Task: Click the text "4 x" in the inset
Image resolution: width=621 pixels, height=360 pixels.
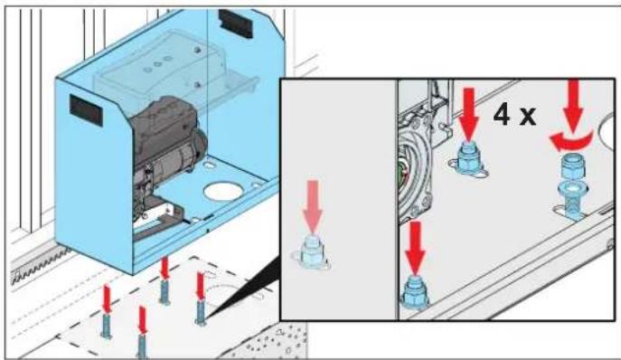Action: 515,115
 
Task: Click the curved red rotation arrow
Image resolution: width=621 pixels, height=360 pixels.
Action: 571,141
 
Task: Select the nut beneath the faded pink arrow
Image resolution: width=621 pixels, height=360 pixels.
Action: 312,253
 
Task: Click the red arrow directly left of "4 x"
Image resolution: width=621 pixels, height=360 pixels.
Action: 469,115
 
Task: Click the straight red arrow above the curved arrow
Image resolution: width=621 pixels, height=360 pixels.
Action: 573,104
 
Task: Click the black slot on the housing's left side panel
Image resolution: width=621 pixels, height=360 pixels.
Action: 87,110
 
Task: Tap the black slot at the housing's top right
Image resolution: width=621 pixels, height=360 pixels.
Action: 236,23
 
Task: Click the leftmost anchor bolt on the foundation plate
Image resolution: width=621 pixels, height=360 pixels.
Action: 106,325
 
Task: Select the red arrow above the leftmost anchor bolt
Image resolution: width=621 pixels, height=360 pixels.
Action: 106,298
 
